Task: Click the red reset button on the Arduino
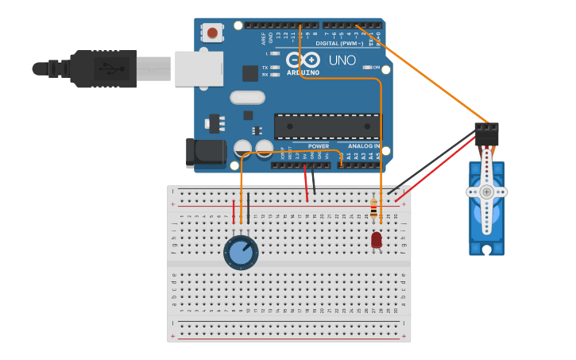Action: (x=212, y=33)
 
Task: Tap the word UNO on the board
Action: (x=342, y=60)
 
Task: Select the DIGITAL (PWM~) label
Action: (x=339, y=44)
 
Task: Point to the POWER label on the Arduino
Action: (x=318, y=146)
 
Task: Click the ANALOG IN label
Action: (x=364, y=146)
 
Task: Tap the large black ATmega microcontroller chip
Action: (x=327, y=126)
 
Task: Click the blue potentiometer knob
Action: (x=241, y=253)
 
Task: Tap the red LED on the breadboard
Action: (x=377, y=239)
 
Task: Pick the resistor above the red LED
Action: (x=373, y=211)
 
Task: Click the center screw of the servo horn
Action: (x=486, y=192)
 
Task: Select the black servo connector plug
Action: (x=486, y=133)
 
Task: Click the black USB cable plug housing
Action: (x=103, y=69)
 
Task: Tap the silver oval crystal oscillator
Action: (x=247, y=98)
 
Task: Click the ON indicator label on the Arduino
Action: (x=376, y=68)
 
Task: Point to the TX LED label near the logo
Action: (x=265, y=68)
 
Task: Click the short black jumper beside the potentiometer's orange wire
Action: (x=248, y=208)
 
